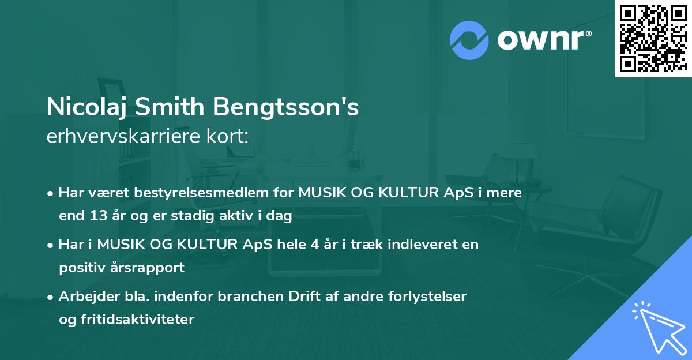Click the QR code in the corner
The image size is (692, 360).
pyautogui.click(x=652, y=38)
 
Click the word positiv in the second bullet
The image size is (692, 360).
pyautogui.click(x=80, y=267)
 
